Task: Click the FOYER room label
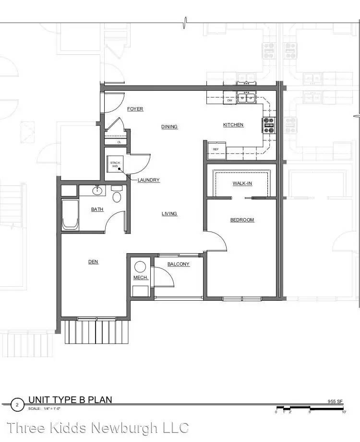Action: tap(135, 109)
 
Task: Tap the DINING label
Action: tap(169, 127)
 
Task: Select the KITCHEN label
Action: tap(233, 125)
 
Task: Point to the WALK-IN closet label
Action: tap(242, 184)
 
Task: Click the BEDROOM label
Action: tap(242, 220)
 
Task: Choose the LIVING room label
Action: tap(169, 214)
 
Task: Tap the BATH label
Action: tap(97, 209)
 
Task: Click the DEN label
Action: tap(93, 262)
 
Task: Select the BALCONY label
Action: tap(178, 264)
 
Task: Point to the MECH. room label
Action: tap(140, 278)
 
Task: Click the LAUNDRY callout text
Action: tap(148, 180)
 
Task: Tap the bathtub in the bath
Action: tap(70, 215)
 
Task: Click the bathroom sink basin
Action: tap(97, 191)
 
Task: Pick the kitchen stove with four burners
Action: tap(269, 125)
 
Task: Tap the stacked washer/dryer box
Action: tap(115, 164)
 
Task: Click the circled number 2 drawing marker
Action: tap(17, 405)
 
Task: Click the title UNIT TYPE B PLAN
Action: tap(70, 400)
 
